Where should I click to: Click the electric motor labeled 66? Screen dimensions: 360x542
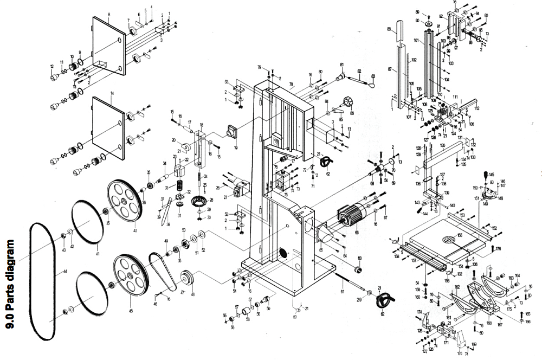pyautogui.click(x=351, y=215)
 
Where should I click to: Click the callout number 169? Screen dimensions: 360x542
pyautogui.click(x=474, y=344)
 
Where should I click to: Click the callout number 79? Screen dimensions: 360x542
pyautogui.click(x=260, y=67)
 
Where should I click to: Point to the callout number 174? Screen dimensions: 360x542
pyautogui.click(x=420, y=312)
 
